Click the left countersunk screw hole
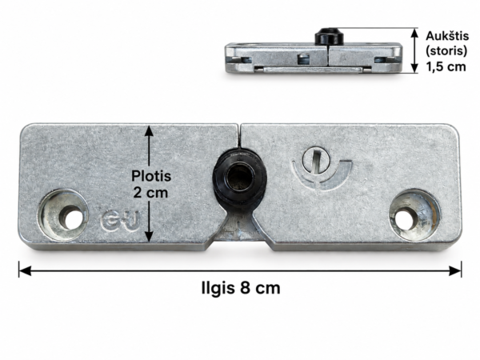tap(64, 214)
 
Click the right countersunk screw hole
tap(414, 214)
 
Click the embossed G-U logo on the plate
tap(120, 222)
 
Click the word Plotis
tap(151, 176)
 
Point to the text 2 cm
tap(150, 193)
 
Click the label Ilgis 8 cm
tap(241, 288)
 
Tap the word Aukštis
tap(447, 36)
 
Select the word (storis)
tap(447, 51)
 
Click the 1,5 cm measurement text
tap(446, 66)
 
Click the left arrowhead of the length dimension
tap(25, 270)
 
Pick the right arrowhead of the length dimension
tap(455, 270)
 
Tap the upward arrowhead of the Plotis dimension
tap(149, 130)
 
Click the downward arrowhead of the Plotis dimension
tap(149, 236)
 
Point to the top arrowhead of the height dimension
tap(414, 33)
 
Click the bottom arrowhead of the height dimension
tap(414, 68)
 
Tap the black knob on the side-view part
tap(329, 36)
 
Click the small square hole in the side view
tap(303, 58)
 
